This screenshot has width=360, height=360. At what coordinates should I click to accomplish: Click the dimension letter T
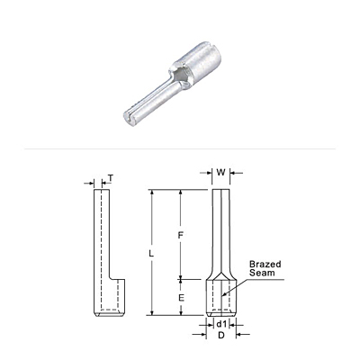pyautogui.click(x=111, y=178)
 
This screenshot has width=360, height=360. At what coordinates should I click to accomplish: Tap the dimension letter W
pyautogui.click(x=220, y=173)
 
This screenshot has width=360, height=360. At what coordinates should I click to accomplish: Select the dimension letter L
pyautogui.click(x=151, y=254)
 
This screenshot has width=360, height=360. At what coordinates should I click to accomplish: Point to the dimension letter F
pyautogui.click(x=180, y=236)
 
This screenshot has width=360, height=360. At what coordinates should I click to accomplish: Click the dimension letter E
pyautogui.click(x=181, y=298)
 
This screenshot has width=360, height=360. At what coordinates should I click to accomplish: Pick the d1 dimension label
pyautogui.click(x=221, y=324)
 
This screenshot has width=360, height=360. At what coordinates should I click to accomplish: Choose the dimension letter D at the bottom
pyautogui.click(x=221, y=336)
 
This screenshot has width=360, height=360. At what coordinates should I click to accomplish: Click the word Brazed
pyautogui.click(x=265, y=264)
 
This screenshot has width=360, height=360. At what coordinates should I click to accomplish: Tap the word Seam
pyautogui.click(x=262, y=273)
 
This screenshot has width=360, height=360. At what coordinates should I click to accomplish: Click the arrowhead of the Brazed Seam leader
pyautogui.click(x=223, y=294)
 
